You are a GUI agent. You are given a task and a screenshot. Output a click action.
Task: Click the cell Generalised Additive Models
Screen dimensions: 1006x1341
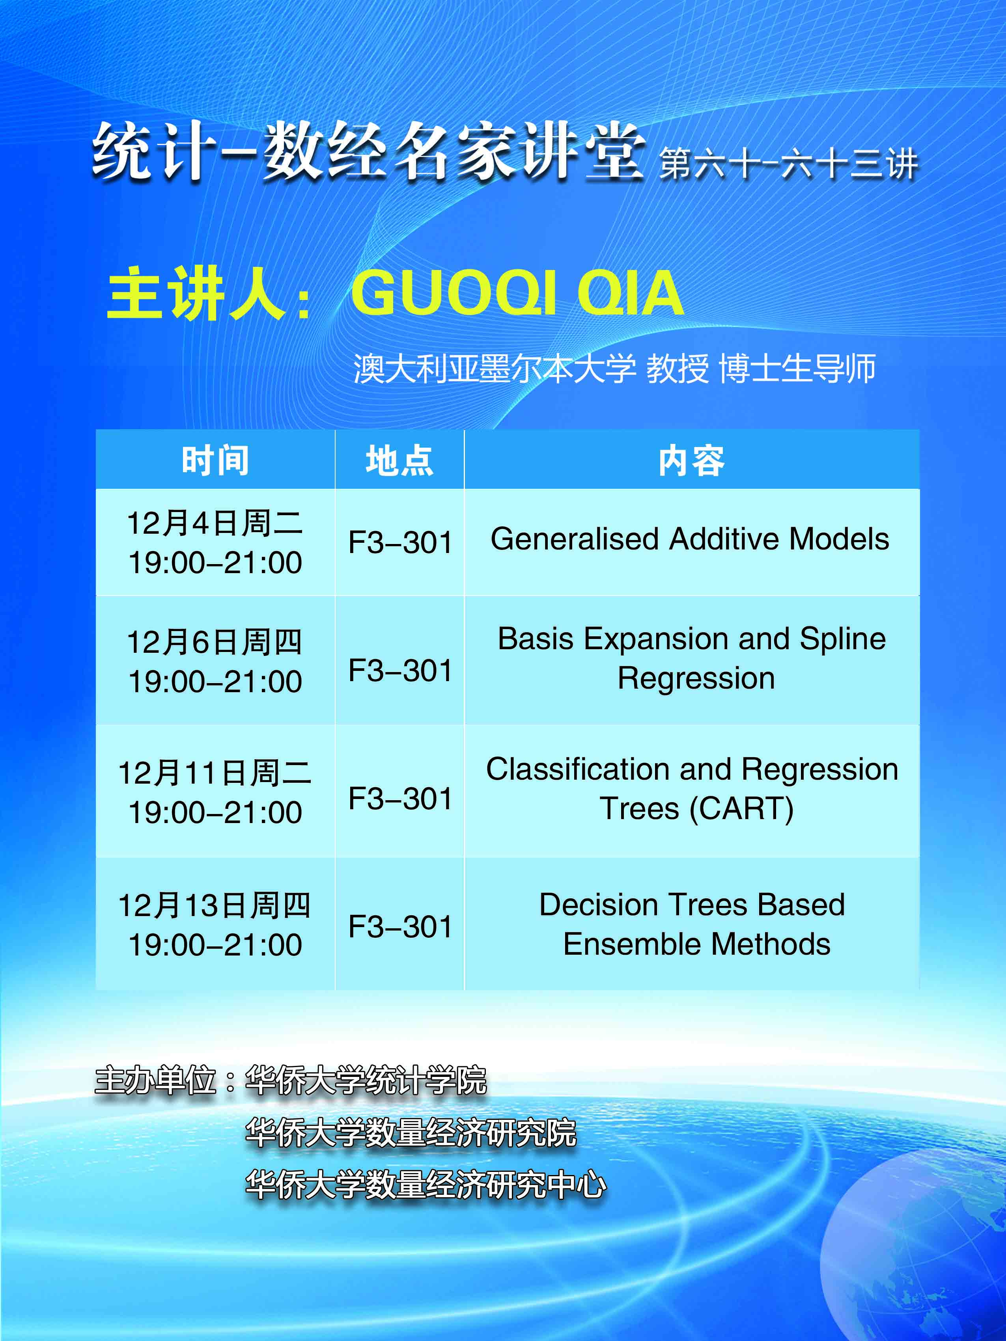pyautogui.click(x=690, y=539)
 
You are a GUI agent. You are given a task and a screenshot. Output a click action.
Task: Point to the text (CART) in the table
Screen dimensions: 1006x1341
pyautogui.click(x=742, y=809)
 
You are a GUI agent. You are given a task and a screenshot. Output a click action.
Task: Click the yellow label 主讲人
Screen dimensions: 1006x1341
pyautogui.click(x=195, y=294)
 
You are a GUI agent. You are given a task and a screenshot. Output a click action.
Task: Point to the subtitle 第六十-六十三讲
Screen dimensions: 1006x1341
pyautogui.click(x=788, y=164)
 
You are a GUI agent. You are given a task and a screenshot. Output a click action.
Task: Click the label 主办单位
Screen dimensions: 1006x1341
pyautogui.click(x=156, y=1080)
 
